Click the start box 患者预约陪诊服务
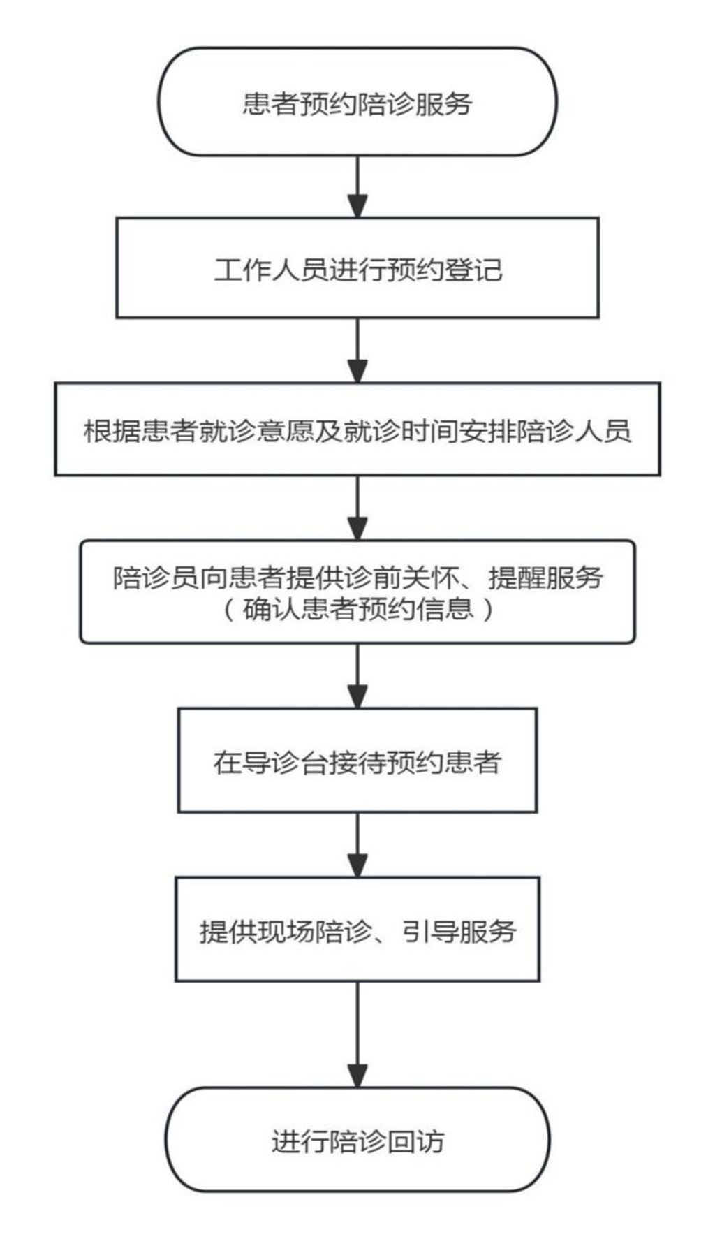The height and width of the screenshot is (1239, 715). [x=357, y=102]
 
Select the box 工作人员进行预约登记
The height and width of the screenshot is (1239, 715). [x=357, y=268]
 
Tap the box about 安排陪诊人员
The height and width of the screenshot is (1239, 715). [x=357, y=430]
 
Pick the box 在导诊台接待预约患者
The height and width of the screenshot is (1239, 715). [x=357, y=761]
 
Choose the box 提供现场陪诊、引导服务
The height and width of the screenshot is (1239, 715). [x=357, y=930]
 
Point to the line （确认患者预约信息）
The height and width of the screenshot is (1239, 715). [x=357, y=610]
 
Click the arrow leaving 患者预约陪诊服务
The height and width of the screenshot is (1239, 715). [x=357, y=186]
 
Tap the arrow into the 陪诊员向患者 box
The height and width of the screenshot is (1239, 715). [x=357, y=508]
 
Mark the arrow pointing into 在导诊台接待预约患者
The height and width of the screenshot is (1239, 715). [x=357, y=675]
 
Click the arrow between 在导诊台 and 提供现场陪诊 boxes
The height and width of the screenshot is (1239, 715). [x=357, y=844]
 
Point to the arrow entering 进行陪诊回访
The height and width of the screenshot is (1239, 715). [x=357, y=1034]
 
